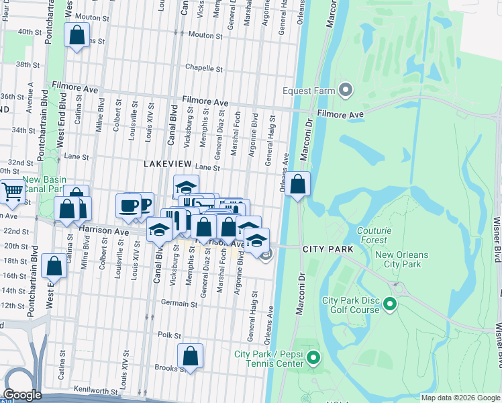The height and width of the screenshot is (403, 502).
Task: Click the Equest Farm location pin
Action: tap(346, 89)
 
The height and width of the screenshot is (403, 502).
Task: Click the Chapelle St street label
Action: tap(204, 69)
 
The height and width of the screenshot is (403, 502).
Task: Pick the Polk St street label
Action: tap(169, 334)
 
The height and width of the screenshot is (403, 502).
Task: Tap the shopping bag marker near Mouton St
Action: tap(77, 34)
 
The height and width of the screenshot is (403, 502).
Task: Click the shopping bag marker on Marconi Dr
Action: tap(298, 183)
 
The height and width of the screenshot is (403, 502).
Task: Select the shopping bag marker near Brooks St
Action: tap(190, 356)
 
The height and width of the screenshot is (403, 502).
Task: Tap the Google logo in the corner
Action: tap(22, 395)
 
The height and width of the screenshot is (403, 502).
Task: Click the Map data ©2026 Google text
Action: tap(460, 398)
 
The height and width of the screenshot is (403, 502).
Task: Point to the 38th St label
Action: tap(29, 64)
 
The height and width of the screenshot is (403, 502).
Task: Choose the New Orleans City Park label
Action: tap(407, 259)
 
